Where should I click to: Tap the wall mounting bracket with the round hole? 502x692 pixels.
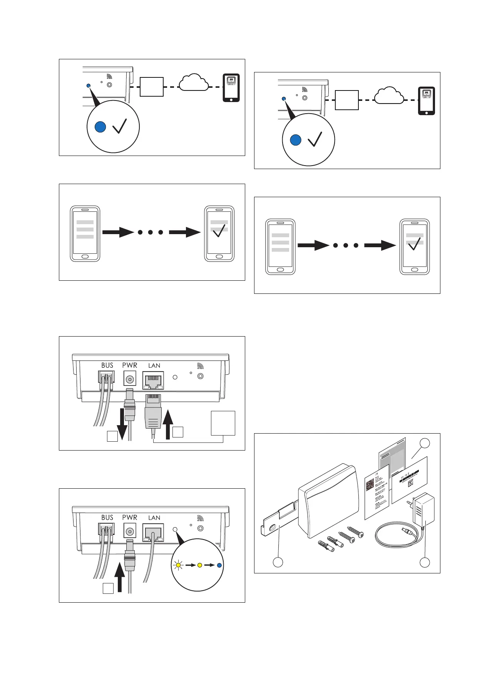coord(278,520)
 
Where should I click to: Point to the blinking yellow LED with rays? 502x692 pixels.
coord(177,565)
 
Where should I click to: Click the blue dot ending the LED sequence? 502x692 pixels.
coord(219,565)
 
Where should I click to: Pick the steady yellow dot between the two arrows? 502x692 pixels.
coord(199,565)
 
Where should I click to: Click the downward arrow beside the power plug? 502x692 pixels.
coord(122,424)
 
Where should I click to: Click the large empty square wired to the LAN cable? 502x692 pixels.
coord(223,423)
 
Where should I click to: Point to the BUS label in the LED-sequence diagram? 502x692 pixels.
coord(107,518)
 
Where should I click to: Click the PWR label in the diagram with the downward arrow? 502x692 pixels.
coord(130,365)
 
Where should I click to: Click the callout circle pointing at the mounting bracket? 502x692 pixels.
coord(278,562)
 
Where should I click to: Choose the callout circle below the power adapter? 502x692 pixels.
coord(425,562)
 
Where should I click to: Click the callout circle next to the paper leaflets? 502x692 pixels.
coord(425,443)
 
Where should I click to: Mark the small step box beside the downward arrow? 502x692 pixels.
coord(112,436)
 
